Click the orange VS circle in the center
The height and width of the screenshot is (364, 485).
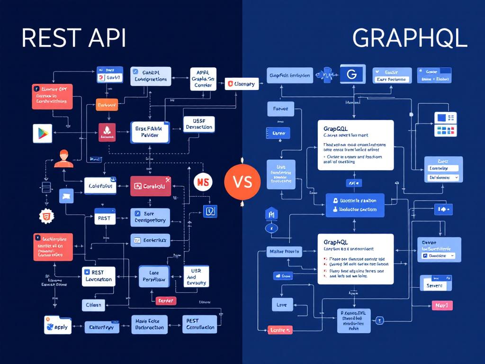[x=242, y=182]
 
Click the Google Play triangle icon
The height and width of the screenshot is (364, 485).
[x=42, y=133]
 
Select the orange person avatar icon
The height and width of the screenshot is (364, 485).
[x=63, y=158]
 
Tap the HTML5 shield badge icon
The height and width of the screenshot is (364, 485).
[x=46, y=216]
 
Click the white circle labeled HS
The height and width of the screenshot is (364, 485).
[x=203, y=182]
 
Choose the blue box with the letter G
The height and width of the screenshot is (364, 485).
[x=351, y=74]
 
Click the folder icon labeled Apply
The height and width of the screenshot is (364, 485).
[x=57, y=326]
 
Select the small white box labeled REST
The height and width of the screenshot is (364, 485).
[x=104, y=218]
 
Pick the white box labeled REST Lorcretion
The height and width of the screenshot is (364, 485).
[x=99, y=276]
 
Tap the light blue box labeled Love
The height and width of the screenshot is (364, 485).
[x=282, y=305]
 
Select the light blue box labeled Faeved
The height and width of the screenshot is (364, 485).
[x=280, y=109]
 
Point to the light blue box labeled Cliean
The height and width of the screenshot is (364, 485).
[x=94, y=305]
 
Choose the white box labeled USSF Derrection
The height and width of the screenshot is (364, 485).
[x=199, y=124]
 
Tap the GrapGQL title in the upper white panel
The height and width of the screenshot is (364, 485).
[x=336, y=128]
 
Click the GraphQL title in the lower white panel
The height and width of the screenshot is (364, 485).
[x=335, y=242]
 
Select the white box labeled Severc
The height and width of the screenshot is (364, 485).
[x=435, y=285]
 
